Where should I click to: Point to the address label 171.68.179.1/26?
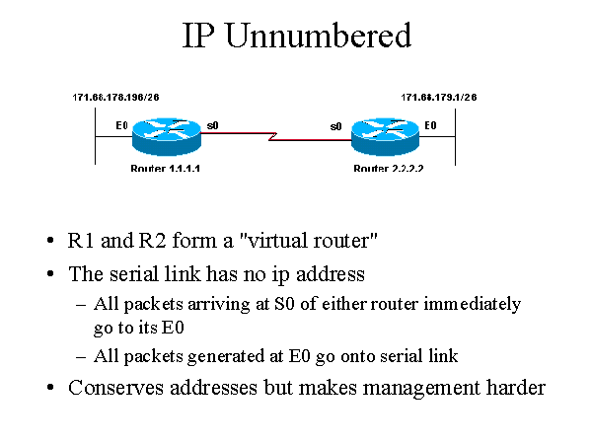(439, 98)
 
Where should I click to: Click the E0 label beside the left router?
(121, 125)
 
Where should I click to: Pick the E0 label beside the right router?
(429, 125)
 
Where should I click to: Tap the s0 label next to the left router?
(212, 125)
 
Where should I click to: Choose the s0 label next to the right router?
(335, 126)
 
